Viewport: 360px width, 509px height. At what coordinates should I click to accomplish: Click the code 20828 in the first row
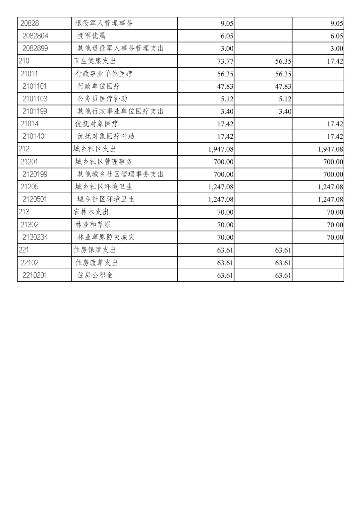(30, 23)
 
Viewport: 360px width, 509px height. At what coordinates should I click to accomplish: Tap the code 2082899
(35, 48)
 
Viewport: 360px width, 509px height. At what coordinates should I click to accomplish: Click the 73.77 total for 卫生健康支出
(225, 61)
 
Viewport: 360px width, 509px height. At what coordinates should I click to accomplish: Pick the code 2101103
(35, 99)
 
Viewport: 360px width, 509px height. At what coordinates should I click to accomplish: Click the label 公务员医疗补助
(102, 99)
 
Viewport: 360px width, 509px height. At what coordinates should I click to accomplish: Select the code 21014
(29, 124)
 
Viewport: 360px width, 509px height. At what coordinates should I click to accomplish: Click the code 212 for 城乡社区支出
(24, 149)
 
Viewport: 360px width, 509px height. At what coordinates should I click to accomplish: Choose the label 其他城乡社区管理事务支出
(120, 174)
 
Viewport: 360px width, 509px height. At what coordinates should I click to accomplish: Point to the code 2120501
(35, 199)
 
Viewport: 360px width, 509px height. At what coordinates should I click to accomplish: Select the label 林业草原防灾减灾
(106, 237)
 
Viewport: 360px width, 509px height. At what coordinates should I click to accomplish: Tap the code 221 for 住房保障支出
(24, 250)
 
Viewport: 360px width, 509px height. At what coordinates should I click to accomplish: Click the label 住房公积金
(95, 275)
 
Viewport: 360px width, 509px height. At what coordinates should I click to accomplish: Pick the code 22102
(29, 263)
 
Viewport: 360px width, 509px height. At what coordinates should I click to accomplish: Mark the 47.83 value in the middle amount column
(283, 86)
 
